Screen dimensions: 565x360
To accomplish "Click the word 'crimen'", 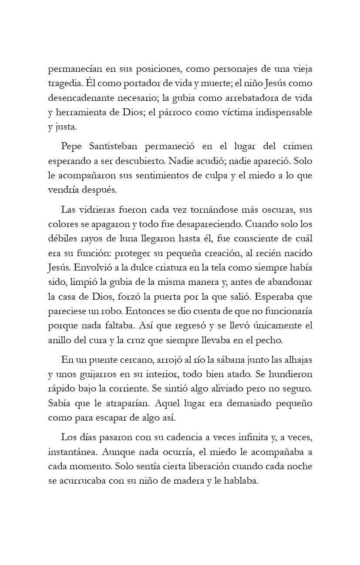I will pos(296,146).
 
